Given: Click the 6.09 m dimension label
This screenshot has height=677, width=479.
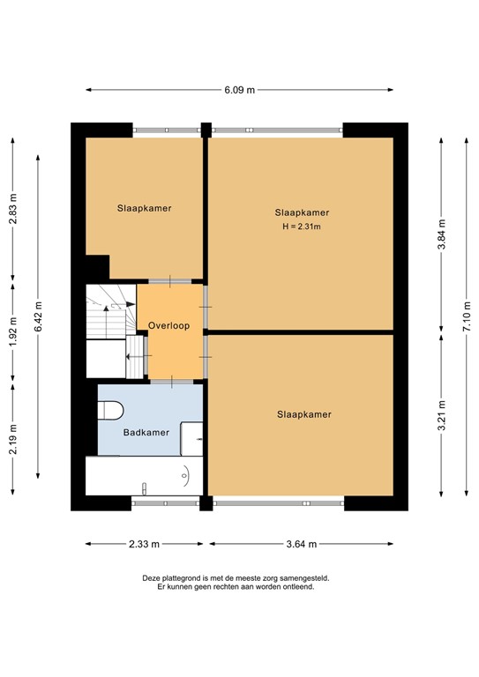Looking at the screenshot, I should (239, 89).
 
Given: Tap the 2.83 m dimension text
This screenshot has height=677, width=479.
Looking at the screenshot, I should (12, 210).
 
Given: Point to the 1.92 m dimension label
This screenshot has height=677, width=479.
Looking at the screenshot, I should (12, 333).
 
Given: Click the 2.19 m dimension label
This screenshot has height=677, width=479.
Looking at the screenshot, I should (12, 440).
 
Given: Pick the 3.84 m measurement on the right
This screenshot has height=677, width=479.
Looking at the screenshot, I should (440, 235).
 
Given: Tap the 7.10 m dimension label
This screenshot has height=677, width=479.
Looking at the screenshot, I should (466, 312).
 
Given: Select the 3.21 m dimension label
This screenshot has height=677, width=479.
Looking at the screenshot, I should (440, 417).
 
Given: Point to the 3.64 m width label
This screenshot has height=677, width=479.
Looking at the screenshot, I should (301, 544).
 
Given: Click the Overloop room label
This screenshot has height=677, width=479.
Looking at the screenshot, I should (168, 325).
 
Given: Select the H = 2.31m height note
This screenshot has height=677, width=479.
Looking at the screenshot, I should (302, 227).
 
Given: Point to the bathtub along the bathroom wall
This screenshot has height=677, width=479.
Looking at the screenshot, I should (141, 476).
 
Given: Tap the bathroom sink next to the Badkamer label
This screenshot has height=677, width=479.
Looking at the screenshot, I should (191, 437).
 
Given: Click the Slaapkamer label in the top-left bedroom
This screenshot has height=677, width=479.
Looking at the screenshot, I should (144, 209).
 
